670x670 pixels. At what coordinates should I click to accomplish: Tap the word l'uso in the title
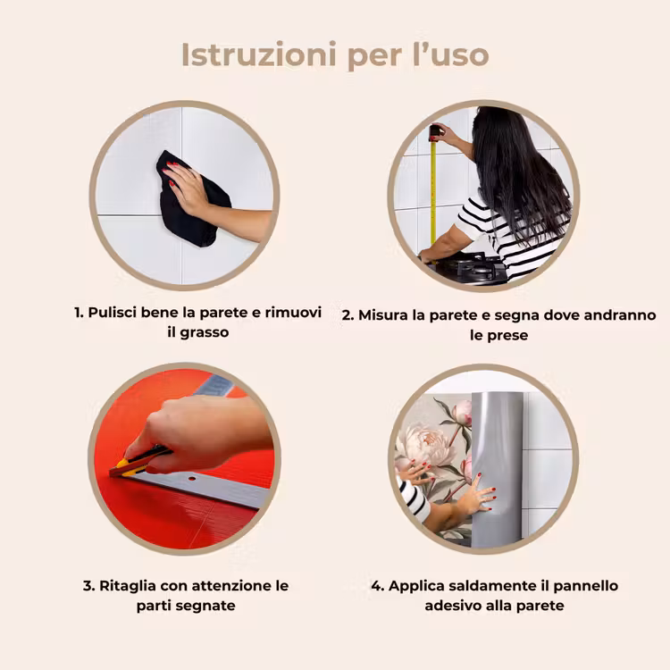pos(451,54)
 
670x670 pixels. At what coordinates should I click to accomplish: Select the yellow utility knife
pos(137,463)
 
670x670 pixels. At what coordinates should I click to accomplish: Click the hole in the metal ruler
pos(190,478)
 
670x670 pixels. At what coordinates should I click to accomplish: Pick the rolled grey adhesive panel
pos(497,470)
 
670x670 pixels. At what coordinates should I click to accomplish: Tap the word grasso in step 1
pos(205,332)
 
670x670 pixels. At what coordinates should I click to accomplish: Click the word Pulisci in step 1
pos(113,313)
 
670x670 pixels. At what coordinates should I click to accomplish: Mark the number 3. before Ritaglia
pos(88,586)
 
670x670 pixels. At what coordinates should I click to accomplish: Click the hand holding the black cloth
pos(188,188)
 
